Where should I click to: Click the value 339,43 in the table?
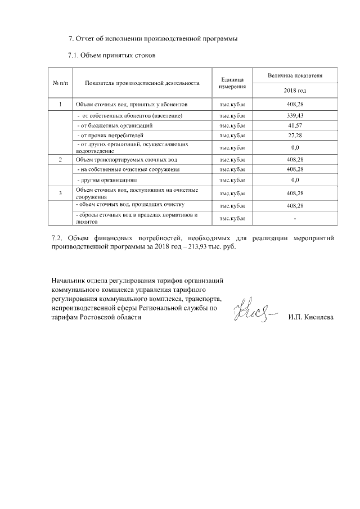tap(295, 115)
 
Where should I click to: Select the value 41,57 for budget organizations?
tap(295, 125)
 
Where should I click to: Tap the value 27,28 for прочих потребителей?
tap(295, 136)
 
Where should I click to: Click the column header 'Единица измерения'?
tap(232, 83)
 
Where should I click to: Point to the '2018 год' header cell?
tap(295, 91)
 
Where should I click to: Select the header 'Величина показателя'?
tap(295, 75)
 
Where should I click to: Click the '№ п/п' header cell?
tap(60, 83)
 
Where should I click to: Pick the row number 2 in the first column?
tap(60, 160)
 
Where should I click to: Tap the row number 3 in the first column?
tap(60, 193)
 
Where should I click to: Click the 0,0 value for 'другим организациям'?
tap(295, 180)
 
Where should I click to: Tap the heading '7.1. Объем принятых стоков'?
tap(111, 55)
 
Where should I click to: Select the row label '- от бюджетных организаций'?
tap(115, 125)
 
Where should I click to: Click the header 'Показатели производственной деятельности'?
tap(142, 83)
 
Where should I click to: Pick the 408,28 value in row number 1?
tap(295, 105)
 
